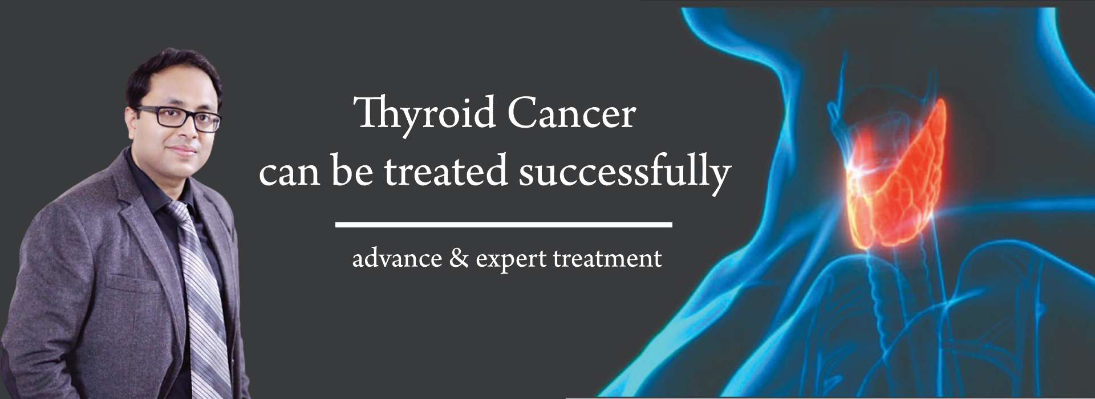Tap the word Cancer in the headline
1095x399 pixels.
click(571, 113)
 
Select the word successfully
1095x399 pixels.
click(624, 172)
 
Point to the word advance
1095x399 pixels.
click(397, 258)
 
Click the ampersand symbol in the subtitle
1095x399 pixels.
click(459, 258)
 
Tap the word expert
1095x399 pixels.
click(512, 260)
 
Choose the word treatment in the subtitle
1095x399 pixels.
click(607, 258)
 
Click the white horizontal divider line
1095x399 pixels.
click(504, 225)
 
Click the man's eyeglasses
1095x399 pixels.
click(180, 117)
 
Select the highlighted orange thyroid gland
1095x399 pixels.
click(895, 182)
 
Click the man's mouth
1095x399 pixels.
click(184, 151)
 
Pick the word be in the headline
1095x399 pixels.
click(352, 170)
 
